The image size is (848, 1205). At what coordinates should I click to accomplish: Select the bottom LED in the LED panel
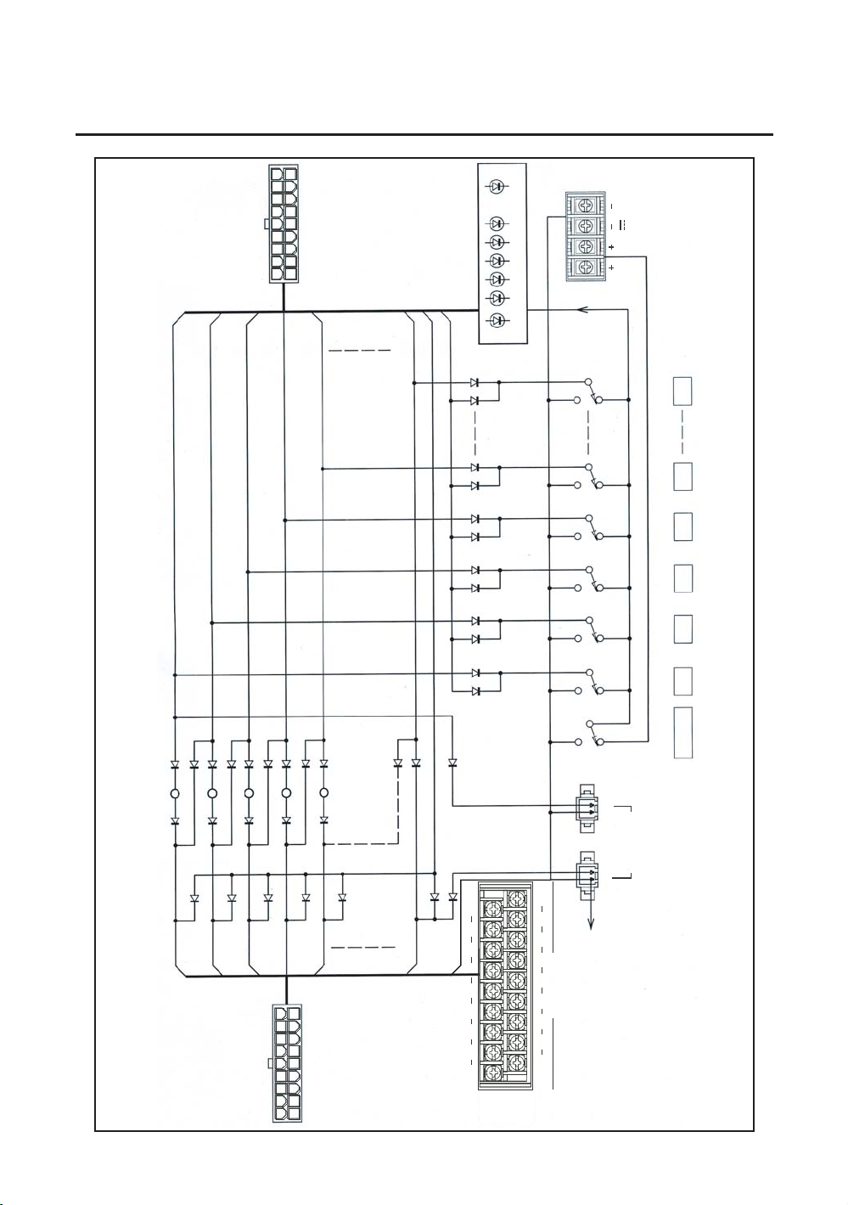[x=497, y=320]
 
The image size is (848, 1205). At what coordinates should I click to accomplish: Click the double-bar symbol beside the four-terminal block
[x=621, y=225]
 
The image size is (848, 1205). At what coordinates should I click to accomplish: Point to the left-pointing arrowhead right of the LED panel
[x=582, y=310]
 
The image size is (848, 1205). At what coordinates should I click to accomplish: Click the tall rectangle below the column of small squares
[x=683, y=732]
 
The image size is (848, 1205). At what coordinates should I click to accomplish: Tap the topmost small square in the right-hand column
[x=683, y=391]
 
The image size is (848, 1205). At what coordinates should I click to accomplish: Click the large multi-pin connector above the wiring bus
[x=284, y=224]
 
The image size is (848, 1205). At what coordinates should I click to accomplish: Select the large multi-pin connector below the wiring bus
[x=287, y=1063]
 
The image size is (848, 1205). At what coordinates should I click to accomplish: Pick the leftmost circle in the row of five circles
[x=175, y=794]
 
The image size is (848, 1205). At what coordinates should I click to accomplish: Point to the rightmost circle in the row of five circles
[x=323, y=794]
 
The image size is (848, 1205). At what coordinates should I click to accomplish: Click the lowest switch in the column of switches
[x=592, y=733]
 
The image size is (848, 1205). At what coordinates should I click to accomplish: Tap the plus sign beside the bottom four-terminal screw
[x=611, y=267]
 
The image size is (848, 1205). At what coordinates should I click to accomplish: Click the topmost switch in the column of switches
[x=592, y=391]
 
